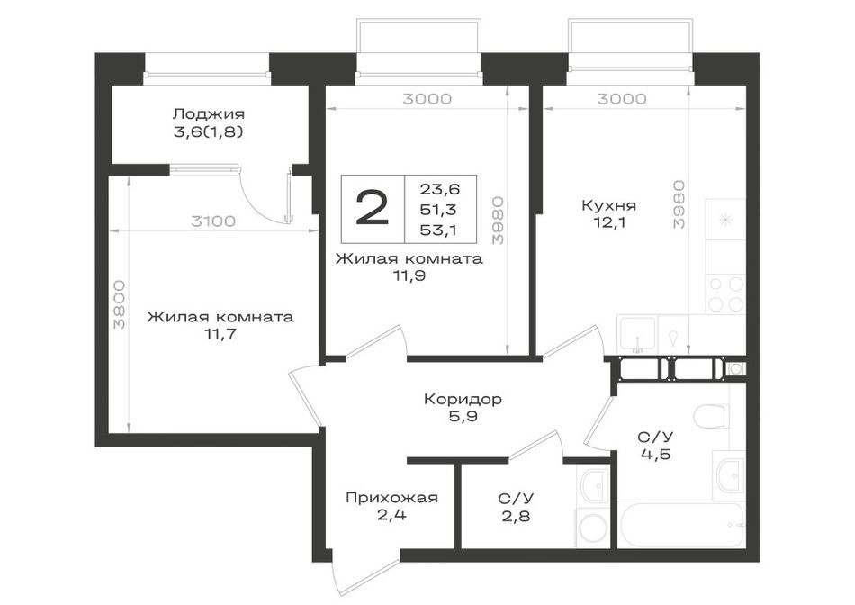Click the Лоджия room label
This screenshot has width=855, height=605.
(x=208, y=114)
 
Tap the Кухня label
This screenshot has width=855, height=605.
(x=608, y=205)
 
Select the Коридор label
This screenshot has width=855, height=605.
(x=463, y=400)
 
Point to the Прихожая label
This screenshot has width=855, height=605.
(x=391, y=498)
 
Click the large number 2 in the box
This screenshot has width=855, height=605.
(x=373, y=208)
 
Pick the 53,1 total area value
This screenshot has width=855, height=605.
(x=439, y=230)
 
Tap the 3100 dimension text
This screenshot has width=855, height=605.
(x=213, y=221)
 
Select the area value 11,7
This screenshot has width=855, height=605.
(x=220, y=334)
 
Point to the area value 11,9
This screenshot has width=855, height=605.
(x=409, y=276)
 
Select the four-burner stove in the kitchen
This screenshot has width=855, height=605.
(x=725, y=294)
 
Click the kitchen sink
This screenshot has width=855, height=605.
(x=637, y=334)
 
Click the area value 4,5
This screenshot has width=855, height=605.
(x=655, y=454)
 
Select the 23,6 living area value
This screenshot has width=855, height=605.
(x=439, y=189)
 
